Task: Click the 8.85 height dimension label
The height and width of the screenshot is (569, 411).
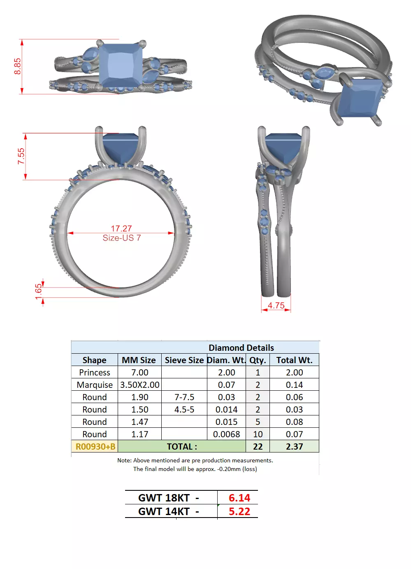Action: [17, 66]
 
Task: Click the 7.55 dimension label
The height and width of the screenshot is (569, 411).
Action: [21, 156]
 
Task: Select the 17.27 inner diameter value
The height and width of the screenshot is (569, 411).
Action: [121, 229]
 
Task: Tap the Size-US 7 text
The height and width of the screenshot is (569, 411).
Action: [121, 238]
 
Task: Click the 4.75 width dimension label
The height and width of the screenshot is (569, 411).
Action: [276, 305]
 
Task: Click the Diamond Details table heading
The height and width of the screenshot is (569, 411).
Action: [241, 347]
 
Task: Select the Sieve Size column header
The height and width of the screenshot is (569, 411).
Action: [184, 360]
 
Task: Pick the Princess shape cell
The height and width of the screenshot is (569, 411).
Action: [95, 373]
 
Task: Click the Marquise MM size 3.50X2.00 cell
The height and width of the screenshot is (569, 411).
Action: [139, 385]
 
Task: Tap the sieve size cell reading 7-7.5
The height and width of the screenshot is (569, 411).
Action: [184, 397]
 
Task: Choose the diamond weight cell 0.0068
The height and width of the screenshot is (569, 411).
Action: [226, 434]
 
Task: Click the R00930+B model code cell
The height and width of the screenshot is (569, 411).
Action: [95, 447]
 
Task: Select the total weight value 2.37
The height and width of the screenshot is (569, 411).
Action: [294, 447]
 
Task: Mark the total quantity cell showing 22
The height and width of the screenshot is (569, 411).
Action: [258, 447]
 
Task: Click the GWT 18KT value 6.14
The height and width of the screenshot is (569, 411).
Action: [239, 498]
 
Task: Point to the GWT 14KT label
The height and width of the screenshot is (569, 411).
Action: [168, 511]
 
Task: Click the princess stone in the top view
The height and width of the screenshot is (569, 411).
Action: [121, 65]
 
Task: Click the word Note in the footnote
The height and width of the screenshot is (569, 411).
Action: [124, 460]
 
